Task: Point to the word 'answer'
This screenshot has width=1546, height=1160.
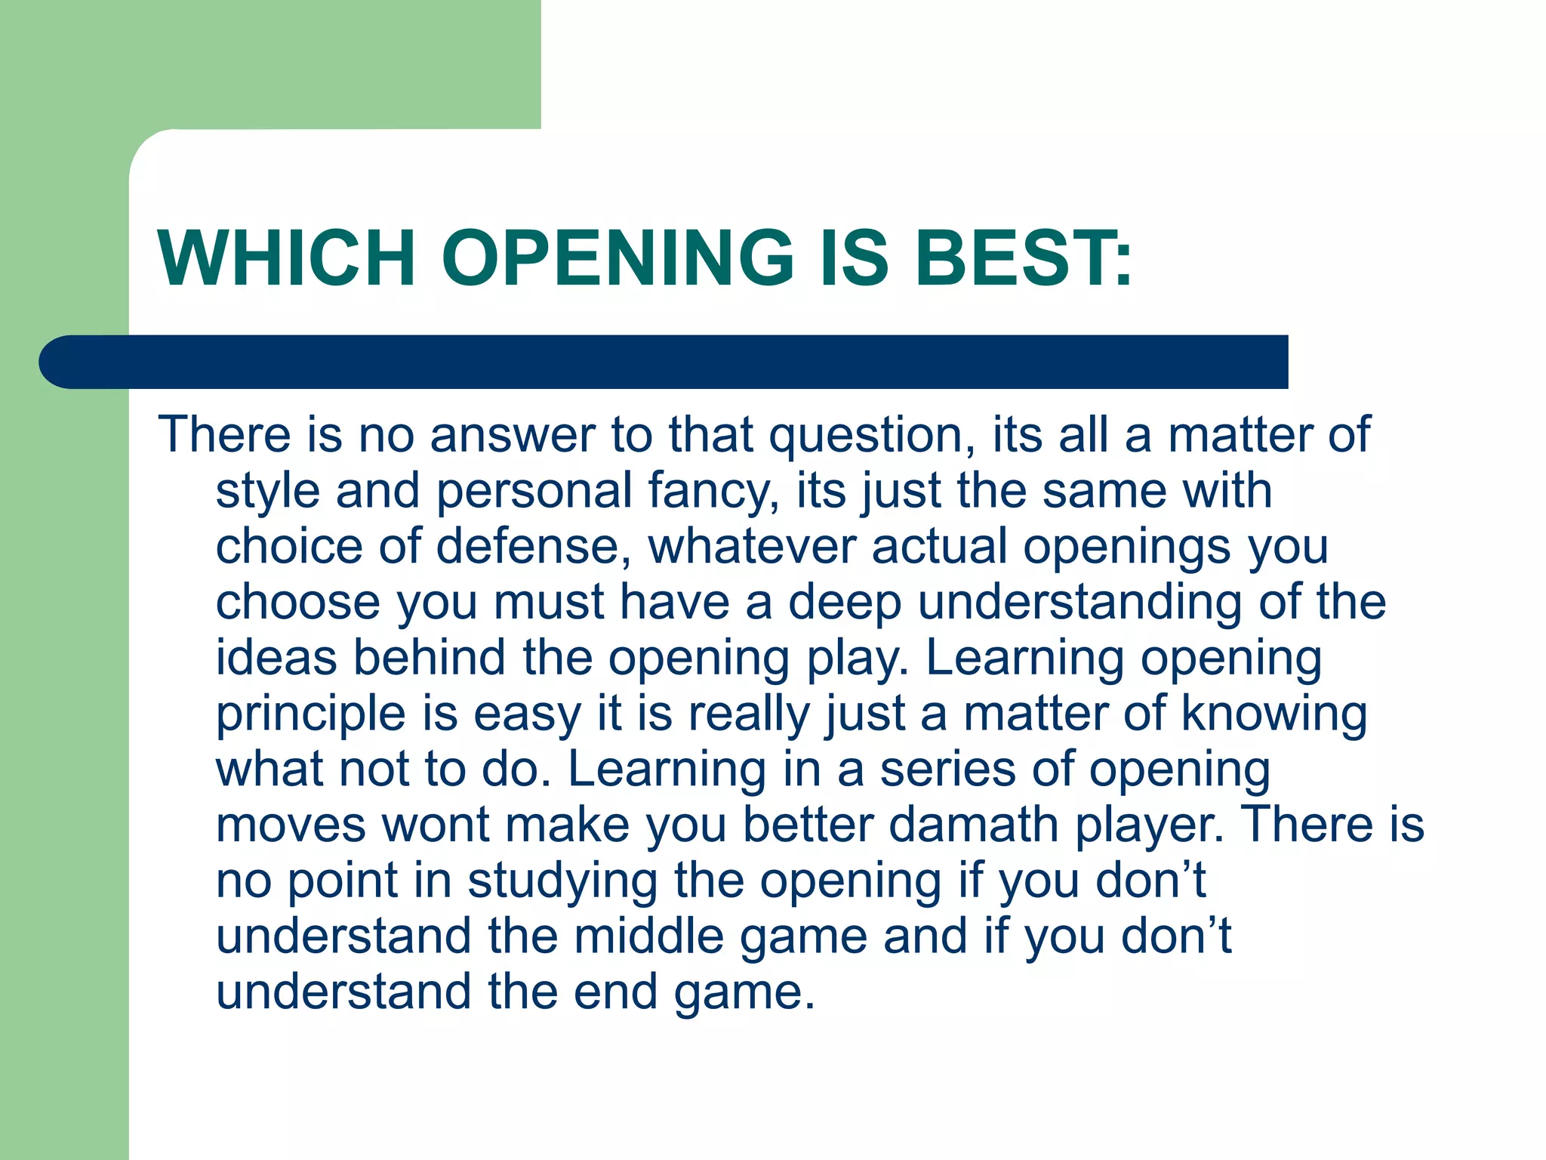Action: (x=513, y=435)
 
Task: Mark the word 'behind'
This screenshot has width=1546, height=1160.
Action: (x=429, y=657)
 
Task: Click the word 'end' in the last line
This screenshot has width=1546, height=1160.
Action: (x=615, y=991)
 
